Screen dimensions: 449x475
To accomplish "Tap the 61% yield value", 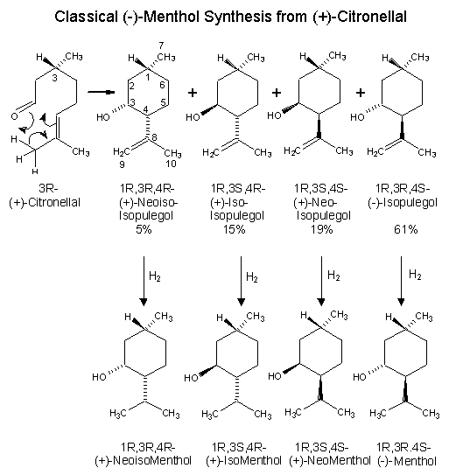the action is pos(405,229).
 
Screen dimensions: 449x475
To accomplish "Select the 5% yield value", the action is pos(144,229).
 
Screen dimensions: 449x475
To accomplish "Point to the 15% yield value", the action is pos(234,229).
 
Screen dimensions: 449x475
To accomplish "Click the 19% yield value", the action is pos(321,229).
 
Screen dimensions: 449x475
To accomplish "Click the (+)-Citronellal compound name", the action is pos(45,202).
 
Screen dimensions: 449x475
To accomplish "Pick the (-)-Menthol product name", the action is pos(407,461).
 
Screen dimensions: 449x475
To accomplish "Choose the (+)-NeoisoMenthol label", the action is pos(143,461).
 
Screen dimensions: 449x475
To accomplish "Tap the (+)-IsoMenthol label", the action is pos(243,461).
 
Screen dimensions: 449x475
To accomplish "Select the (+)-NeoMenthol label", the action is pos(330,461).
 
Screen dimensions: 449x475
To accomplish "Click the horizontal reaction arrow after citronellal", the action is pos(102,92).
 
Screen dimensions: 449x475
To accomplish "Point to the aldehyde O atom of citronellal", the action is pos(14,116).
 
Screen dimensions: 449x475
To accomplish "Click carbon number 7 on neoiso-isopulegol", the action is pos(161,45).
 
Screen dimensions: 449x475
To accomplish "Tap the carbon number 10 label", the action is pos(171,164).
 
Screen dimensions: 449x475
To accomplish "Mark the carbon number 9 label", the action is pos(122,164).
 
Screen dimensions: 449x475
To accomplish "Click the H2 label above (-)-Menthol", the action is pos(415,275).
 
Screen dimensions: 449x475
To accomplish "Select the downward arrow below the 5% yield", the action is pos(144,281).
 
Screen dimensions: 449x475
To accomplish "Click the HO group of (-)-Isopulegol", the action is pos(357,117).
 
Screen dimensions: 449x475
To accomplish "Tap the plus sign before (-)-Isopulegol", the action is pos(361,93).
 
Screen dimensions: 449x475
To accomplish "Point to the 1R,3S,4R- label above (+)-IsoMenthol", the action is pos(239,447).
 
